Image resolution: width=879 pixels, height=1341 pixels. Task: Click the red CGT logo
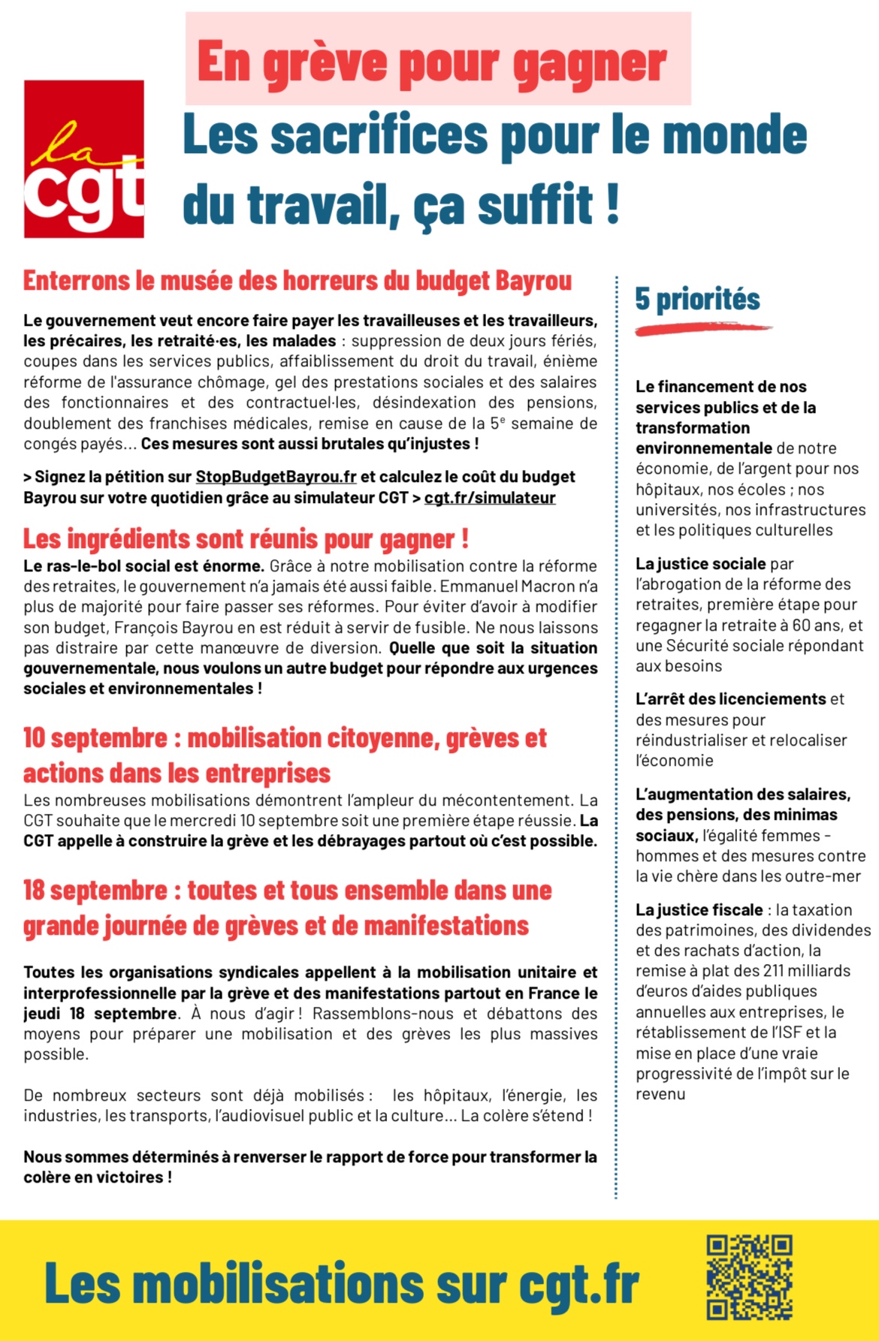pos(84,159)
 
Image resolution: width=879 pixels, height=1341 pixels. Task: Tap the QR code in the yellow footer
pos(749,1277)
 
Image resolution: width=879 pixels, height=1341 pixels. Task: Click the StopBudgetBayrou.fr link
pos(276,477)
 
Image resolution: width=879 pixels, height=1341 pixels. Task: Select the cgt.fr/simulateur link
pos(490,498)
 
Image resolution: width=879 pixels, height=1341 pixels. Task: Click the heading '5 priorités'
pos(697,299)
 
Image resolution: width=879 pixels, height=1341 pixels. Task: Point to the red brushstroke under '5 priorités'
pos(702,328)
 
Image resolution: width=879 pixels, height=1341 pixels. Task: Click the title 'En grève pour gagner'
pos(432,62)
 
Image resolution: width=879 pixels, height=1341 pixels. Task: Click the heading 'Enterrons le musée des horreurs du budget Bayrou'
pos(298,281)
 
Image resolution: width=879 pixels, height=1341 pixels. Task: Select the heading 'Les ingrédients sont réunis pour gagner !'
pos(246,538)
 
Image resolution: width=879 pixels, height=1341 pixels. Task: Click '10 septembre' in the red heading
pos(95,738)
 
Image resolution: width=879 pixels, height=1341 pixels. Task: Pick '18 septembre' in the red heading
pos(95,890)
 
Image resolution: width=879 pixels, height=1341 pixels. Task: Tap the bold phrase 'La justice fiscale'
pos(699,910)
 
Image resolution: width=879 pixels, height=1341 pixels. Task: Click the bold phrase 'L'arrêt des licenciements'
pos(730,699)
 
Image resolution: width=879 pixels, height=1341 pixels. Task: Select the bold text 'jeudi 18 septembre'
pos(101,1014)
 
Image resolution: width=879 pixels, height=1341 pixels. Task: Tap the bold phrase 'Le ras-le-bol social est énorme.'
pos(143,566)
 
